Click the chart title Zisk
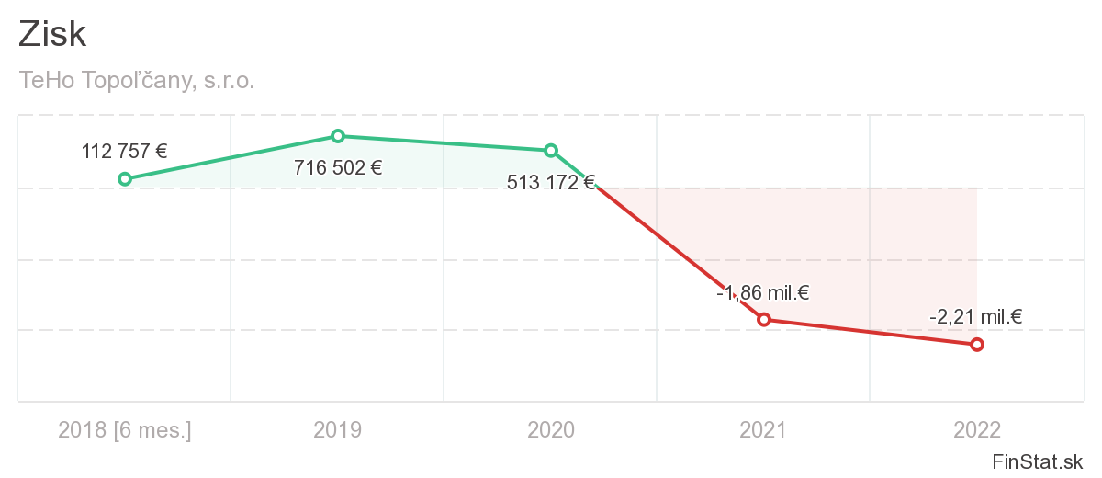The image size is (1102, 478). [x=52, y=35]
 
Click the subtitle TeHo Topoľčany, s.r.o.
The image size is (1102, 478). [x=136, y=81]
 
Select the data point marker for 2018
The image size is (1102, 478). [x=125, y=179]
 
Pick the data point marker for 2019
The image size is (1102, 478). [x=338, y=136]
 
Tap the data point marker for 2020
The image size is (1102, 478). [x=551, y=150]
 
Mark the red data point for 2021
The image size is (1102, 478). [x=763, y=319]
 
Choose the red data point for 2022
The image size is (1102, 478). [x=976, y=344]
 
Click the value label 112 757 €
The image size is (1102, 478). [x=125, y=152]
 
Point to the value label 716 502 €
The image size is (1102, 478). [x=338, y=167]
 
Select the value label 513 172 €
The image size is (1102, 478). [x=551, y=182]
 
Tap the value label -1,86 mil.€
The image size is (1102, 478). [x=762, y=294]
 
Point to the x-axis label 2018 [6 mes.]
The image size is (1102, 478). [x=125, y=429]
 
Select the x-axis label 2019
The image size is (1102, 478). [x=338, y=429]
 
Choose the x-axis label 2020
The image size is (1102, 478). [x=551, y=429]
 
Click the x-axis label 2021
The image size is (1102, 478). [x=763, y=429]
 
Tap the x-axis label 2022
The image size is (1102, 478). [x=976, y=429]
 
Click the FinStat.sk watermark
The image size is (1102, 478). [x=1037, y=461]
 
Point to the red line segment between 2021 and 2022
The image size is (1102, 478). [x=870, y=332]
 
